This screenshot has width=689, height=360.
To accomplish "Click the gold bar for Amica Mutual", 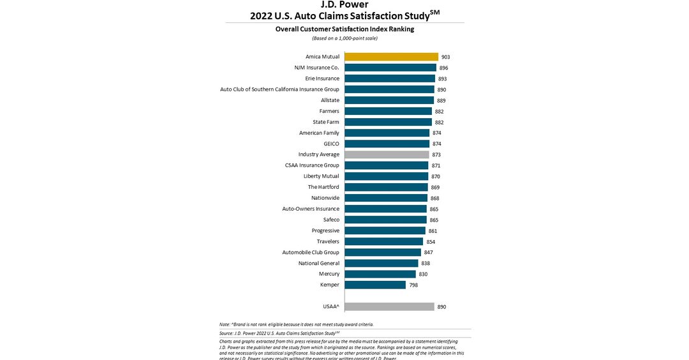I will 391,57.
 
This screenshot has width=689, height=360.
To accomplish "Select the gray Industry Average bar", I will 387,154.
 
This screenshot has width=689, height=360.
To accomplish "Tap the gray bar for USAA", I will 389,307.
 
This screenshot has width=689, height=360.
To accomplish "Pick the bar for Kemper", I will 375,285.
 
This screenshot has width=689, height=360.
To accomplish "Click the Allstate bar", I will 389,100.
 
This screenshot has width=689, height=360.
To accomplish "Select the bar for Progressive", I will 385,230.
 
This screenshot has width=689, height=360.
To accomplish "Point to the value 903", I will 445,57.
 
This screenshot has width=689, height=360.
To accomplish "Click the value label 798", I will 413,285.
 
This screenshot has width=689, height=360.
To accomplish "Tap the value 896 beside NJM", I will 443,68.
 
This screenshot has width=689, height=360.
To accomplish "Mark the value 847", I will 428,253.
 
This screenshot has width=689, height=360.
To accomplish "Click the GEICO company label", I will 331,144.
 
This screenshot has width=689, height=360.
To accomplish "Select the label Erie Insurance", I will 322,79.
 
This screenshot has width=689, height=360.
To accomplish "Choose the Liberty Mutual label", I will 322,176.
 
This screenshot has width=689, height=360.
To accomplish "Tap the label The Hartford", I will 323,187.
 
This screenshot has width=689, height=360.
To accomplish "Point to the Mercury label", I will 329,274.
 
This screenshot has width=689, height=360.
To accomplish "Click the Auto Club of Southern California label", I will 279,89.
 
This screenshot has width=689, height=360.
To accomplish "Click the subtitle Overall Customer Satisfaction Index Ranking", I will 344,29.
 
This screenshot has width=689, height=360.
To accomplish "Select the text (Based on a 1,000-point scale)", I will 344,38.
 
